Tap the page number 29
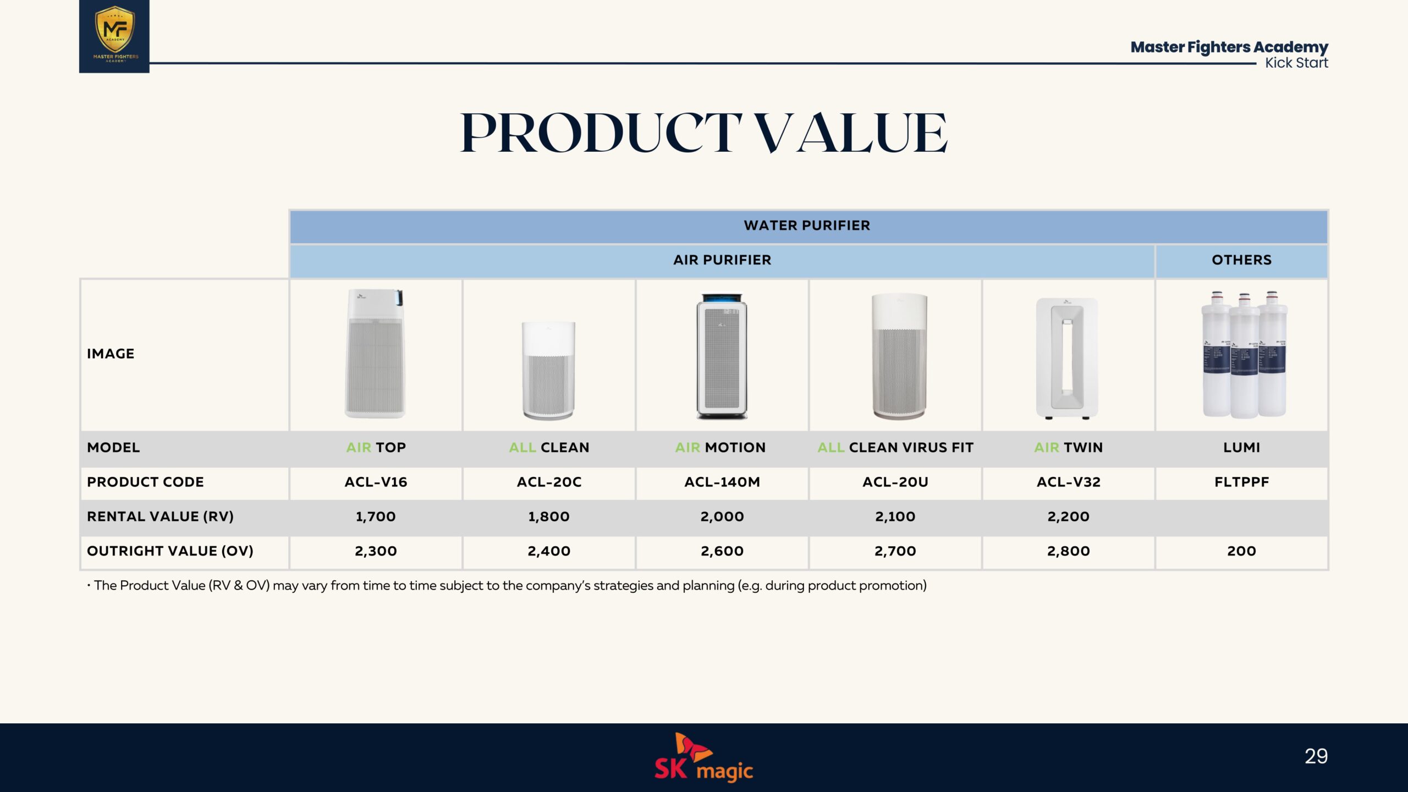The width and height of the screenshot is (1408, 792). (1316, 756)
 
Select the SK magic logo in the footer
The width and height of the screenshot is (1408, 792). (703, 758)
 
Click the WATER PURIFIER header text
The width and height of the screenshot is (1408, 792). (807, 226)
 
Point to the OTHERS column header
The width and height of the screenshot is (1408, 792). (1241, 260)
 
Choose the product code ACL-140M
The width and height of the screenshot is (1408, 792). (722, 482)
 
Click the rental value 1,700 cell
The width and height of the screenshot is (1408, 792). (375, 517)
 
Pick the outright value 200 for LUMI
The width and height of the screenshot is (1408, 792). (1241, 551)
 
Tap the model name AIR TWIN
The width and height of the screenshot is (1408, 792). (1068, 448)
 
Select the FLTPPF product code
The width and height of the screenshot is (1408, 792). (1241, 482)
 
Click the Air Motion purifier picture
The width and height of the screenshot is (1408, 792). (722, 356)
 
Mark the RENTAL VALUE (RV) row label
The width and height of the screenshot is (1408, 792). (160, 517)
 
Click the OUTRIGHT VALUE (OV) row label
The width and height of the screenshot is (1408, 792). (170, 551)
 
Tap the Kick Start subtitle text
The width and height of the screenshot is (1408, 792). (1296, 63)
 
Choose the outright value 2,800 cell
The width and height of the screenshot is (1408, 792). (1068, 551)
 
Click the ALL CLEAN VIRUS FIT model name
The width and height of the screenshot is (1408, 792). (895, 448)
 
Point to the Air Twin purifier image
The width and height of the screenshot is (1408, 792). (1067, 358)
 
